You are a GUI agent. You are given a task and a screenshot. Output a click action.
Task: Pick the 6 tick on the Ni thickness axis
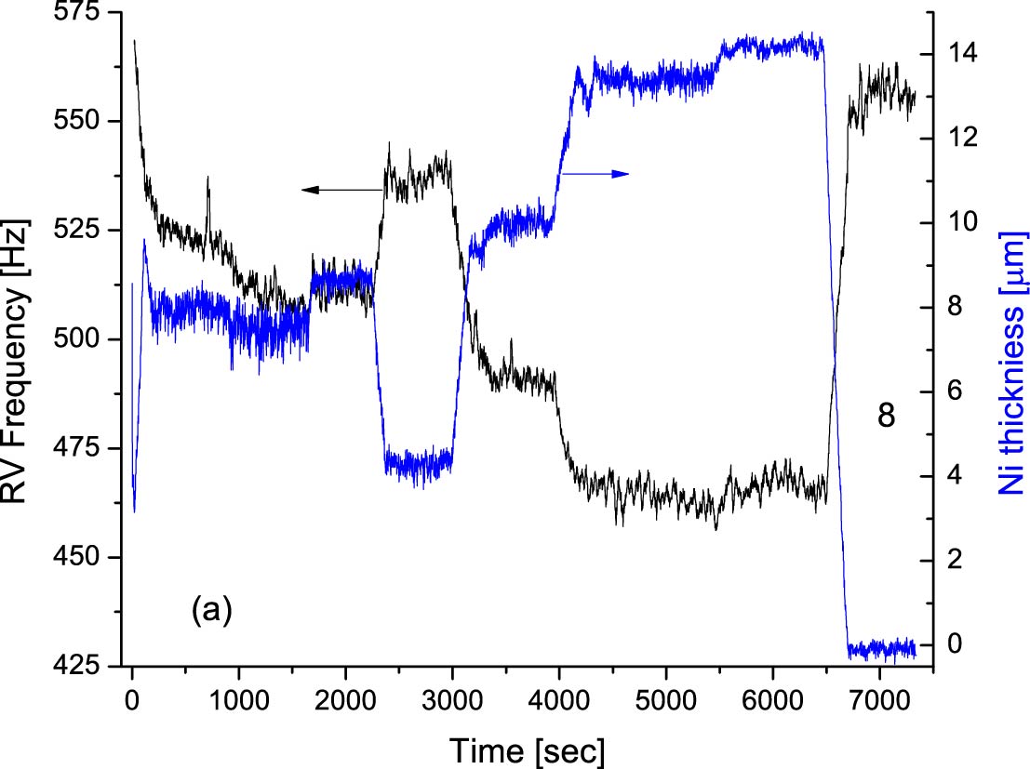(x=948, y=391)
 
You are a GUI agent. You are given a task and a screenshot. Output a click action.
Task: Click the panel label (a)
(x=211, y=610)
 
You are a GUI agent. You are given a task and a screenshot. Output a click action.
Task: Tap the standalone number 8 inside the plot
(x=886, y=416)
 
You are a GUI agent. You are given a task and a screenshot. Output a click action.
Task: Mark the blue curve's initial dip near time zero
(x=135, y=509)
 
